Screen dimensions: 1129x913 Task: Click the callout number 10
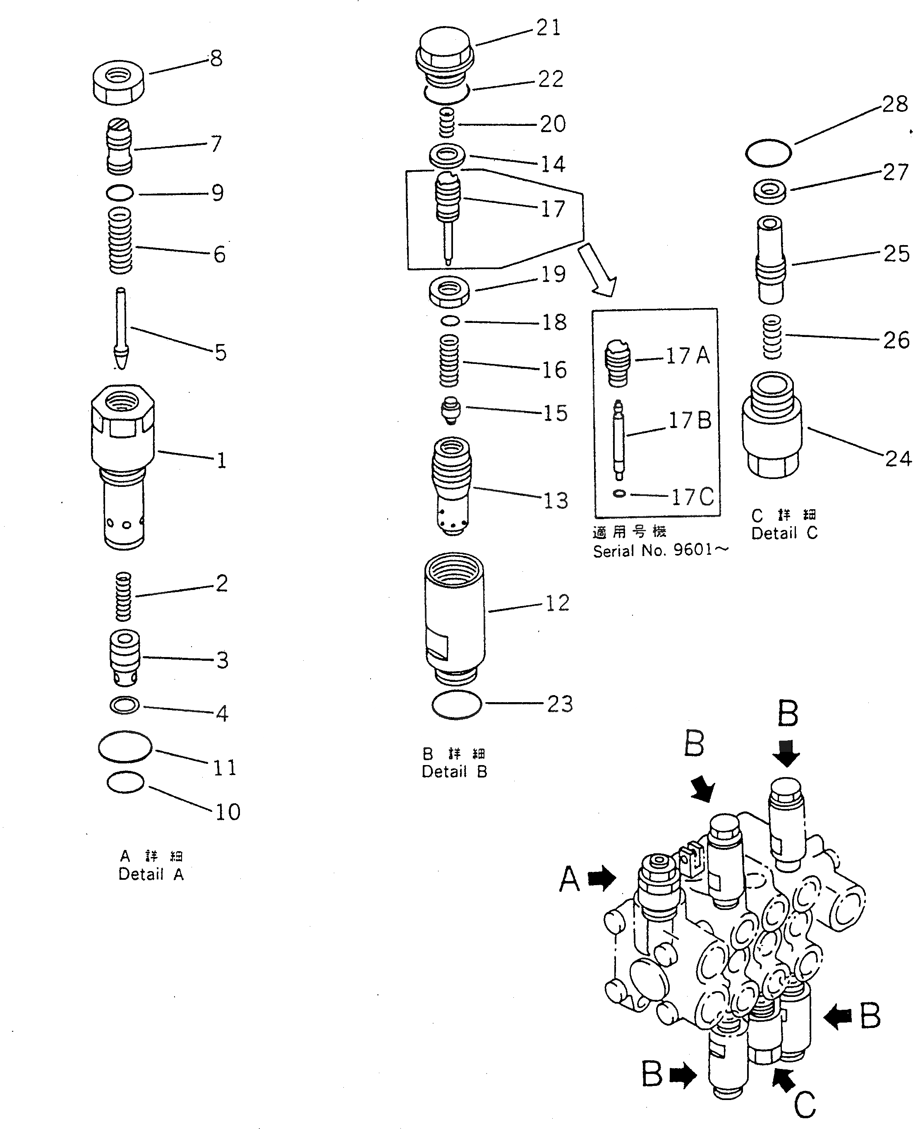click(227, 812)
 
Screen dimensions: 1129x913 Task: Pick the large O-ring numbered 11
click(125, 746)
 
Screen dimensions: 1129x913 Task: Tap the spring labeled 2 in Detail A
click(122, 596)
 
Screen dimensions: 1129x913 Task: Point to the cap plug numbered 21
click(445, 50)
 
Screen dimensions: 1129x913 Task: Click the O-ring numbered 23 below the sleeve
click(457, 704)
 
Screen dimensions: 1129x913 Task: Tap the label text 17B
click(690, 421)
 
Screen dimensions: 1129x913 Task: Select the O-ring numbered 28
click(768, 153)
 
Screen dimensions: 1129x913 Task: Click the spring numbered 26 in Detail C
click(772, 337)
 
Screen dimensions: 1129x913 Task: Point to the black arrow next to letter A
click(601, 879)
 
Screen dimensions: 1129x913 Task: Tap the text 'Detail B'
click(454, 772)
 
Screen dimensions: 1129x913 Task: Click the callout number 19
click(553, 274)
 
